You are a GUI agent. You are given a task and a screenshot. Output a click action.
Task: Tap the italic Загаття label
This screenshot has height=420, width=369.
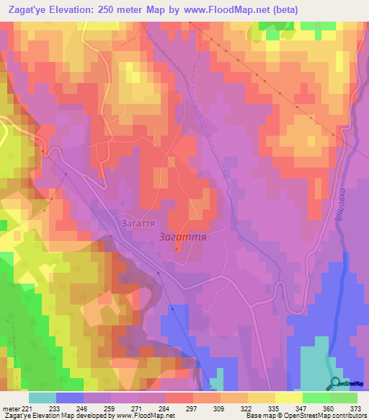pos(182,237)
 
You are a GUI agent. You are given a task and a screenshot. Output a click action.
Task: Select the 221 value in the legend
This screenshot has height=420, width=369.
pos(27,408)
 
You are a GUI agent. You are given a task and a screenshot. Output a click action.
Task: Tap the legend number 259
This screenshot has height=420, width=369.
pos(110,408)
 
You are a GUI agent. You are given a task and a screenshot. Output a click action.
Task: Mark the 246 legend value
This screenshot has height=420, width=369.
pos(83,408)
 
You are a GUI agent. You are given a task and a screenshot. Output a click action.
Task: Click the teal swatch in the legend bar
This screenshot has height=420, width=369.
pos(43,398)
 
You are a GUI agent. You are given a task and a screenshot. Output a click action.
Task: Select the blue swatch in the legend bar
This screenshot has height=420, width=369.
pos(70,398)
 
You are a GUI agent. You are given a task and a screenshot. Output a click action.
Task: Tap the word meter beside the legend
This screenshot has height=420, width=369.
pos(10,408)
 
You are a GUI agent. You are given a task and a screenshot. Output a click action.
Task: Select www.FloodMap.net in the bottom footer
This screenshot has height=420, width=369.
pos(143,416)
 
